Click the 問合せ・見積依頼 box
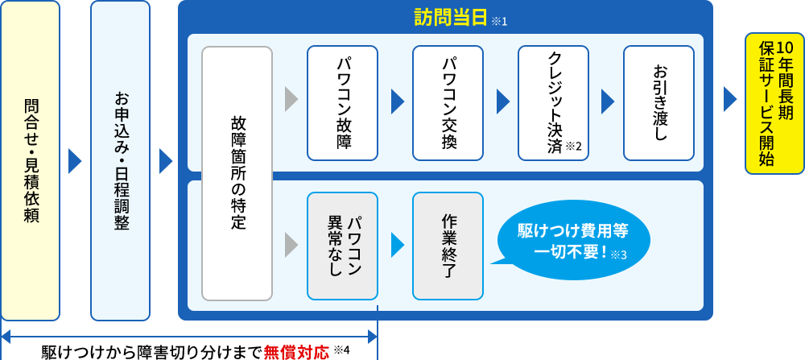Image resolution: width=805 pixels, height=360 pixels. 31,161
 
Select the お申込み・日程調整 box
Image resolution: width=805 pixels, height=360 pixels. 120,161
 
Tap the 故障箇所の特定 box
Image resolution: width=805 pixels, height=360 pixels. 237,172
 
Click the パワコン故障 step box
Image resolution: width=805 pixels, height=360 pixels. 342,102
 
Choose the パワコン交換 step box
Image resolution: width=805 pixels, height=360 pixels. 448,102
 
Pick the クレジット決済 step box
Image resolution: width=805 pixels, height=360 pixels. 553,102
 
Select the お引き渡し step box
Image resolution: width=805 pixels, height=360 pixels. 658,102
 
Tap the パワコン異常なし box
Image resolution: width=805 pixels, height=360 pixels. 342,245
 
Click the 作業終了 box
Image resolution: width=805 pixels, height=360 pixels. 448,245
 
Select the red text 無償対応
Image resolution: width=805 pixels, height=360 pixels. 296,352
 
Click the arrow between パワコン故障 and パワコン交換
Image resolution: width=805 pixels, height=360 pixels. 397,101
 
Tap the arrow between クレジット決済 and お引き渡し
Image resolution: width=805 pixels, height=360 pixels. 608,101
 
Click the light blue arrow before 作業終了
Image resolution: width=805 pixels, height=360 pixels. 397,245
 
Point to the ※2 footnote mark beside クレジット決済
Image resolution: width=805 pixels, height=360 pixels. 573,146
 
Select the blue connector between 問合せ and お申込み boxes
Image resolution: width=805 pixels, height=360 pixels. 75,161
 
